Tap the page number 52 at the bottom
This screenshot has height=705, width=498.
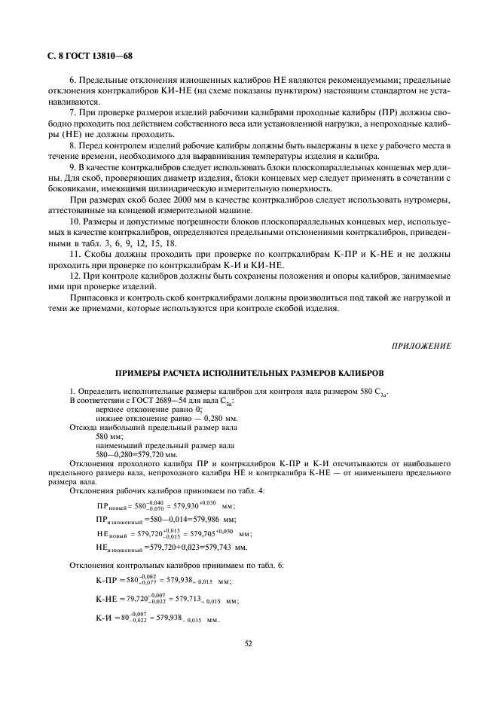[249, 642]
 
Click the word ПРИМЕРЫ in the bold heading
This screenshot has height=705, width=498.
[139, 373]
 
